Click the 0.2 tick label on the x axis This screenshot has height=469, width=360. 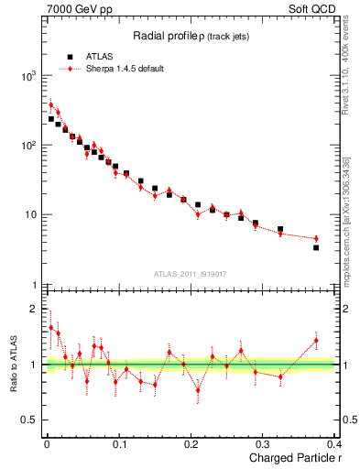click(x=191, y=443)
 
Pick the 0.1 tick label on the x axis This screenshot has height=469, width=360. click(x=118, y=443)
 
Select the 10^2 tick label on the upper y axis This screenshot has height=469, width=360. click(x=27, y=146)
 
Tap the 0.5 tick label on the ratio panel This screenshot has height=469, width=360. click(x=28, y=420)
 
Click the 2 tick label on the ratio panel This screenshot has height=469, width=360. click(x=33, y=308)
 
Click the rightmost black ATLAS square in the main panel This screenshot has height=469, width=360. click(x=316, y=247)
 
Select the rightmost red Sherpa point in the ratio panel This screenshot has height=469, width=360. click(x=316, y=341)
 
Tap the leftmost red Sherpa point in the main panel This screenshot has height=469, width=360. click(x=51, y=104)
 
